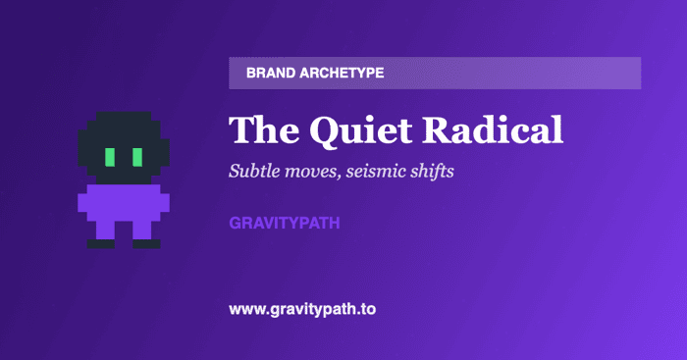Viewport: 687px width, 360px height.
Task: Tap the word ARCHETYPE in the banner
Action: pyautogui.click(x=342, y=73)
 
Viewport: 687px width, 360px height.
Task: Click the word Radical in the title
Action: pyautogui.click(x=493, y=129)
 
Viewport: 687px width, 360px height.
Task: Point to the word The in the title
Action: pyautogui.click(x=264, y=129)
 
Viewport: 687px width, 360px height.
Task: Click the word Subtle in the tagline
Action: pyautogui.click(x=254, y=171)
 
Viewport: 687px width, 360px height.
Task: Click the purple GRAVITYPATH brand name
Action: pyautogui.click(x=285, y=223)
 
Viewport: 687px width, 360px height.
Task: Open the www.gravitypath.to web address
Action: pyautogui.click(x=302, y=310)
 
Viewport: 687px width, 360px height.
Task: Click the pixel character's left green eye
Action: pyautogui.click(x=110, y=157)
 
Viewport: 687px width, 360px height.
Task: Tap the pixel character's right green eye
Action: pyautogui.click(x=137, y=157)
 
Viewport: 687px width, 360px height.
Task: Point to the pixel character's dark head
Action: pyautogui.click(x=124, y=147)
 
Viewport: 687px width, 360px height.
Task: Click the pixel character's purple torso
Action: pyautogui.click(x=124, y=203)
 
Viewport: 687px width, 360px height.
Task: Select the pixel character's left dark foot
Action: pyautogui.click(x=101, y=244)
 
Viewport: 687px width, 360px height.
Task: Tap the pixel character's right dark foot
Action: pyautogui.click(x=146, y=244)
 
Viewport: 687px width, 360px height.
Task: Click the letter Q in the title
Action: pyautogui.click(x=328, y=131)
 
